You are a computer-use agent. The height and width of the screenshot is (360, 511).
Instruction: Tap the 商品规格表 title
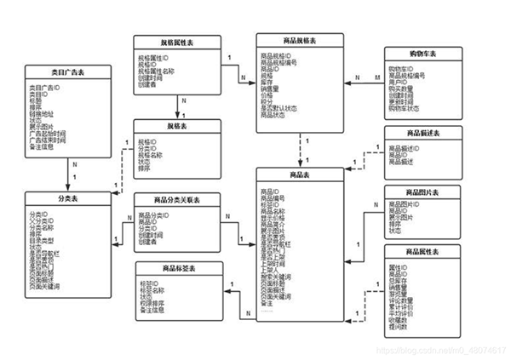(300, 40)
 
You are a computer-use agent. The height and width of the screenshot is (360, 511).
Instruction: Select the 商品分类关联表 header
(177, 199)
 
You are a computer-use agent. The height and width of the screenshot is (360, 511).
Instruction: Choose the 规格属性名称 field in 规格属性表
(162, 71)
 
